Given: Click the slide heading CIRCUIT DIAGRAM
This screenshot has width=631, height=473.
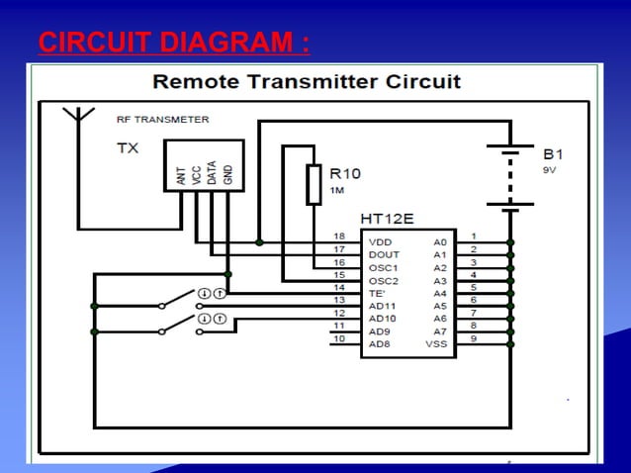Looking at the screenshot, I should point(173,43).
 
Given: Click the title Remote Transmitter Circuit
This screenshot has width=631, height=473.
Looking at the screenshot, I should point(307,81).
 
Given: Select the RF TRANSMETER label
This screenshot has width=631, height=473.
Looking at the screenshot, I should point(162,120).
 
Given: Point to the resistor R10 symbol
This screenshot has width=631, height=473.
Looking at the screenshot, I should point(314,185).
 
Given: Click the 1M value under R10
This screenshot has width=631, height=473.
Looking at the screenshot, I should point(337,189).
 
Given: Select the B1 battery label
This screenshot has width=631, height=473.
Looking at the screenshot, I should point(554,154).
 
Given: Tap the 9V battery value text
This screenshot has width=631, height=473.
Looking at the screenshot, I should point(551,170).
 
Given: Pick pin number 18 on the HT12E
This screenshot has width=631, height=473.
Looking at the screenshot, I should point(338,236).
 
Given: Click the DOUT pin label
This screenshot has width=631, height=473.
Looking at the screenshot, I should point(384,254).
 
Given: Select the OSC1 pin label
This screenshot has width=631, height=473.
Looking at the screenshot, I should point(383,268).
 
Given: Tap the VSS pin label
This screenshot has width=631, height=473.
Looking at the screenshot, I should point(436,344).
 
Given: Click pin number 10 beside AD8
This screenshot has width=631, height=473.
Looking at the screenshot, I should point(338,339).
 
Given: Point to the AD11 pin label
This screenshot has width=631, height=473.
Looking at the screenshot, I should point(384,306).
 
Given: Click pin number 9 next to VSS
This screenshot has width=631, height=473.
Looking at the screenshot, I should point(474,338).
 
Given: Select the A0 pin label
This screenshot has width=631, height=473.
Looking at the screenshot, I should point(440,241).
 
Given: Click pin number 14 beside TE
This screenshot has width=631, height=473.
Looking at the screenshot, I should point(338,287).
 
